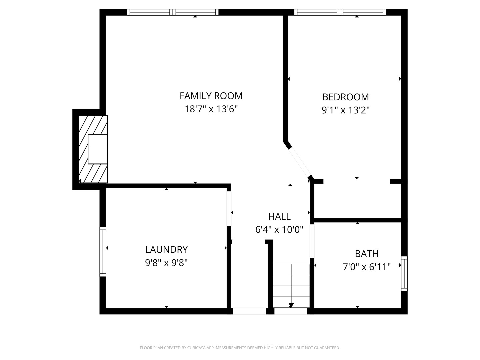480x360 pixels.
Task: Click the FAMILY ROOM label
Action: click(x=211, y=96)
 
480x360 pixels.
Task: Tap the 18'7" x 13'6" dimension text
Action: click(x=211, y=109)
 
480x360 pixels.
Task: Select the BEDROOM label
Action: click(x=346, y=97)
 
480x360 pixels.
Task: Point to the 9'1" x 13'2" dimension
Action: click(x=346, y=110)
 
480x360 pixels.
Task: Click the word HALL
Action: click(x=279, y=216)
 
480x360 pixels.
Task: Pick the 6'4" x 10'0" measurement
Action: click(x=279, y=230)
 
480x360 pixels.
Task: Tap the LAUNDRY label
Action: click(x=166, y=249)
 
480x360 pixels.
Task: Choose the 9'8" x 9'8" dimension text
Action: click(x=166, y=263)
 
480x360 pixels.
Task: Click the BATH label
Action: click(x=367, y=254)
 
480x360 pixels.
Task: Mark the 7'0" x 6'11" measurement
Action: click(x=367, y=267)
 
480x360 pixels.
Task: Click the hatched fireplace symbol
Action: click(x=93, y=149)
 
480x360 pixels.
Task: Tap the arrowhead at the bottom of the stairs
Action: click(x=291, y=305)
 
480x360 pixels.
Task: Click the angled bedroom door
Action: click(x=300, y=162)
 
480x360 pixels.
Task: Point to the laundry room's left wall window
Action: click(x=103, y=252)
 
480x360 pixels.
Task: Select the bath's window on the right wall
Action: click(x=404, y=274)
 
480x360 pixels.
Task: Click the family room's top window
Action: click(x=173, y=12)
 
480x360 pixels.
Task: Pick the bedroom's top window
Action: click(x=340, y=12)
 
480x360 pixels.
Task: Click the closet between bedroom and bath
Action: click(x=357, y=200)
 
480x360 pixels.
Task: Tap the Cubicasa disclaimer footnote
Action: click(x=240, y=348)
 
